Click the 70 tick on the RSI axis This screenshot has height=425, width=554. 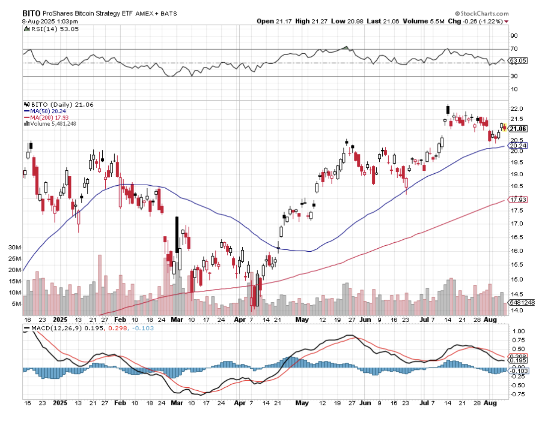click(x=514, y=49)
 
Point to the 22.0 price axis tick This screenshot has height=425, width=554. click(x=517, y=109)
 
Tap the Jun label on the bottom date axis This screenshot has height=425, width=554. click(x=364, y=320)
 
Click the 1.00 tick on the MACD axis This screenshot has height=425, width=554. click(x=518, y=331)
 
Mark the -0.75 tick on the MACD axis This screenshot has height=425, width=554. click(x=518, y=395)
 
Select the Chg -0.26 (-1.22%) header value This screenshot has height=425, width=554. click(x=477, y=21)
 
